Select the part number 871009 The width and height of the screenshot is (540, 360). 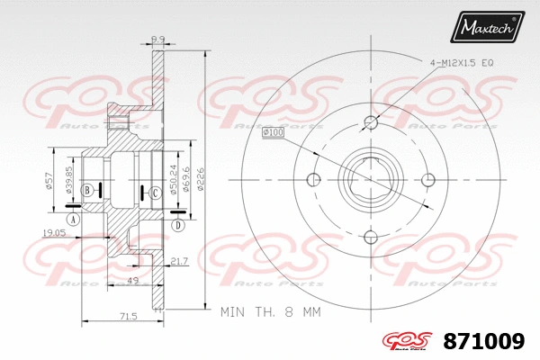point(484,342)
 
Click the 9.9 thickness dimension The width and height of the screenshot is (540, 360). point(157,39)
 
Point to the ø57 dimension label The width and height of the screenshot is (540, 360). point(49,179)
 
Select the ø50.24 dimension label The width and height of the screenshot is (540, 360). point(173,179)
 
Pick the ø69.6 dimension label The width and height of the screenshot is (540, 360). point(185,179)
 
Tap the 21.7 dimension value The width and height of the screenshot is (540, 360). point(178,261)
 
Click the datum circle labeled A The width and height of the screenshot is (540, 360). point(73,218)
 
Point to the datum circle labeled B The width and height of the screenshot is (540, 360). point(87,190)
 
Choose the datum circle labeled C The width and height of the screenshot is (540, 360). point(155,191)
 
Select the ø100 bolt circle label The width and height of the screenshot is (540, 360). point(273,133)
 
